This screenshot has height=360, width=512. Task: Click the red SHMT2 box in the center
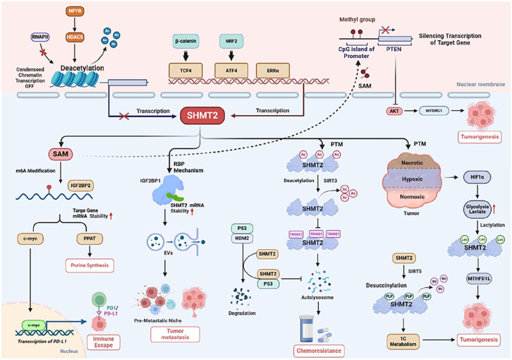click(x=202, y=114)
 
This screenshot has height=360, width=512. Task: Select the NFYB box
click(x=75, y=12)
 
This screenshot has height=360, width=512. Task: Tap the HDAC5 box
click(x=75, y=36)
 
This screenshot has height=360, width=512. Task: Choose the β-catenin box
click(x=187, y=42)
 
